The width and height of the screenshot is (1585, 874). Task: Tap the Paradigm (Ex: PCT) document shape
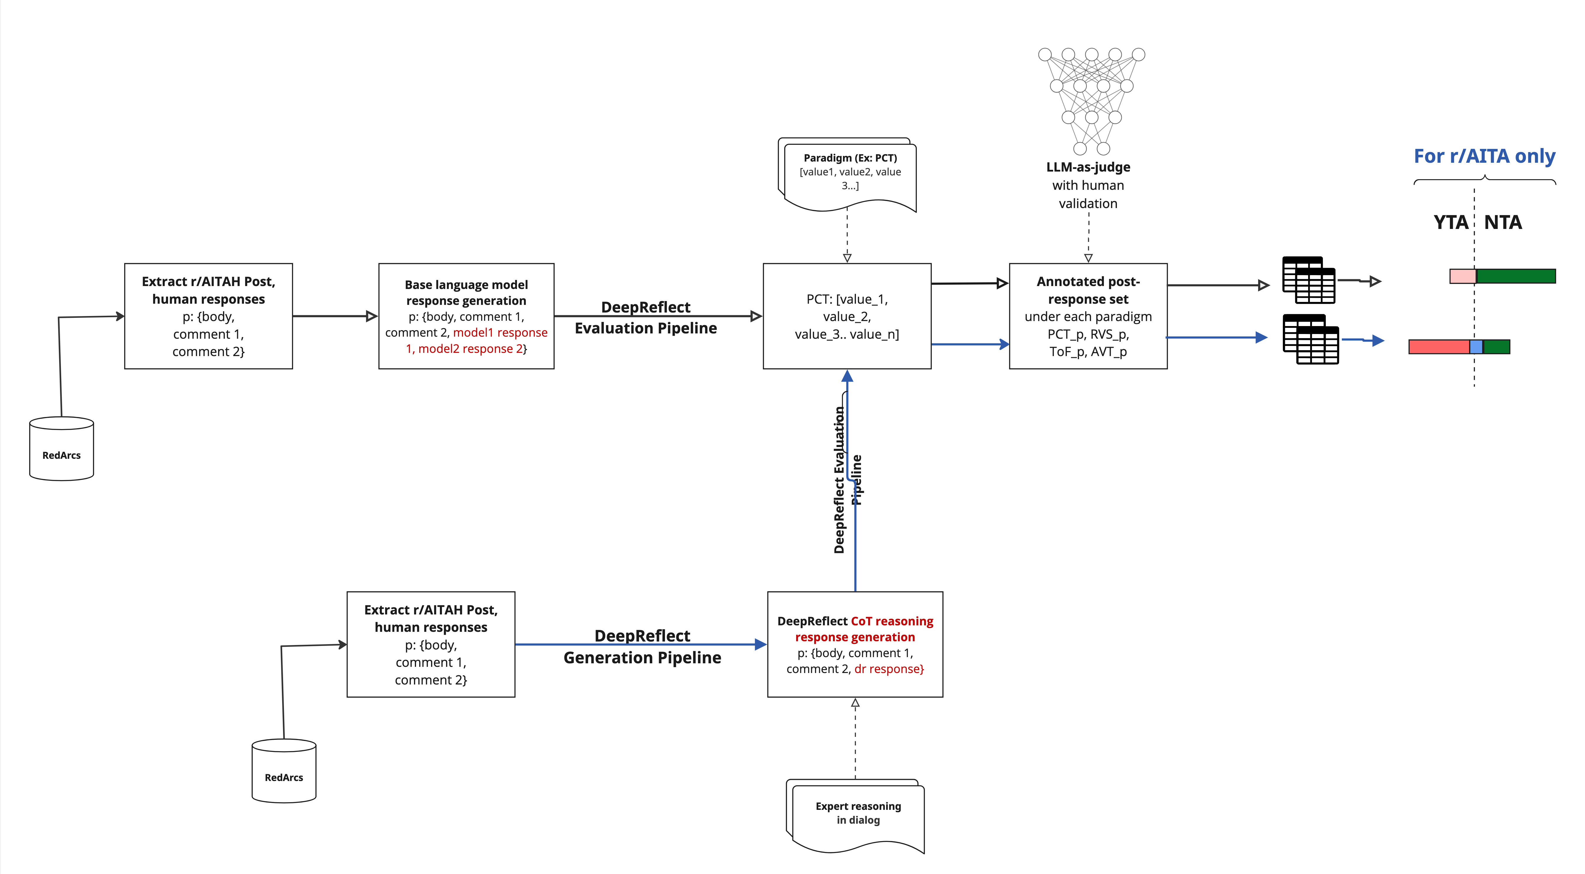849,174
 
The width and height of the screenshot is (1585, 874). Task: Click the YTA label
1450,222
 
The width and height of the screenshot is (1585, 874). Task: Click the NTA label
1503,222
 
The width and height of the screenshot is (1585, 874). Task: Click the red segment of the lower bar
1438,347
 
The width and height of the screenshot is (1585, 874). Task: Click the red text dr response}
889,669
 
